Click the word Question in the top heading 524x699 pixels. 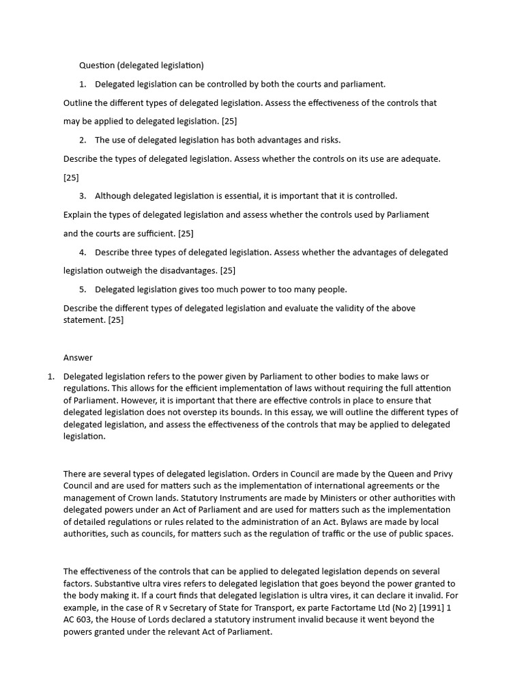coord(96,66)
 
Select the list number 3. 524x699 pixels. coord(83,196)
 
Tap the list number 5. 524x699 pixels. coord(83,289)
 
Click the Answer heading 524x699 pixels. coord(78,358)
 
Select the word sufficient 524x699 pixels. coord(154,233)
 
